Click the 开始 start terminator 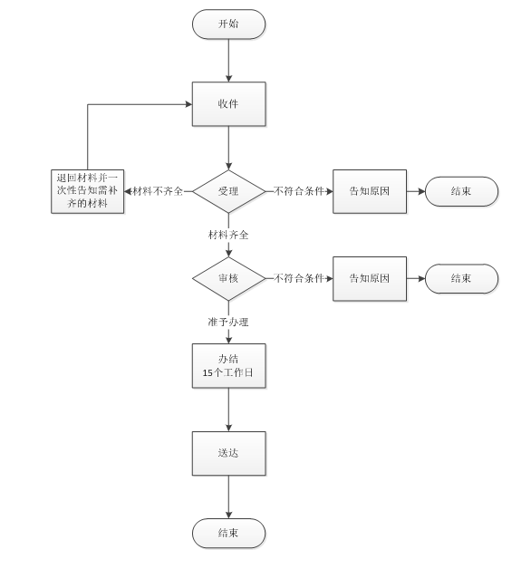click(228, 24)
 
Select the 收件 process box click(228, 104)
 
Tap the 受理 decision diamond click(228, 191)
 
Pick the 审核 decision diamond click(228, 279)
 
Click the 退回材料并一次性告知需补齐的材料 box click(88, 191)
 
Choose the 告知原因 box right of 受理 click(370, 191)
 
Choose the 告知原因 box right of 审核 click(370, 279)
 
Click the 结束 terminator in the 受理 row click(461, 191)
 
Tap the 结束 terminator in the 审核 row click(461, 279)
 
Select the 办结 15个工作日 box click(228, 366)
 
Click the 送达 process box click(228, 453)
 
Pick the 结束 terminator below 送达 click(228, 533)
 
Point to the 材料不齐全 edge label click(158, 191)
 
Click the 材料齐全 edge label click(228, 235)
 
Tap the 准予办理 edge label click(228, 322)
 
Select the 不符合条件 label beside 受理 click(298, 191)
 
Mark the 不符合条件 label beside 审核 click(298, 278)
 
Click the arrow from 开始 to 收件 click(228, 61)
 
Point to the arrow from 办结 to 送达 click(228, 410)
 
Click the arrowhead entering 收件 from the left click(188, 104)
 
